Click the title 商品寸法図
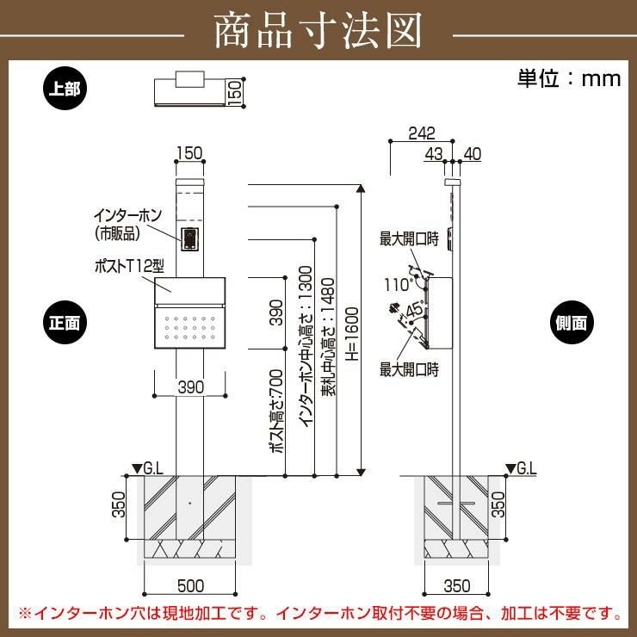[x=318, y=31]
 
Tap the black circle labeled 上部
[x=65, y=88]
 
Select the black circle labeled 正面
[x=65, y=322]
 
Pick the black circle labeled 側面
[x=572, y=322]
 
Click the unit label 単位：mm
[x=569, y=79]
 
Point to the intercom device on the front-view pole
[x=189, y=238]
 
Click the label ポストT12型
[x=129, y=267]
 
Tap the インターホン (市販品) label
[x=127, y=225]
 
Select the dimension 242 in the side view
[x=422, y=133]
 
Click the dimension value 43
[x=434, y=154]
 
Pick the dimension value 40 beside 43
[x=472, y=154]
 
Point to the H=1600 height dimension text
[x=352, y=334]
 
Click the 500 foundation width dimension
[x=190, y=586]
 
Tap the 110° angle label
[x=398, y=284]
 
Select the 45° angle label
[x=414, y=310]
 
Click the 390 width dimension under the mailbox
[x=191, y=387]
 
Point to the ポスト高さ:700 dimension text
[x=276, y=411]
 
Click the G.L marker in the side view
[x=522, y=468]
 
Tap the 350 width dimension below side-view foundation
[x=457, y=586]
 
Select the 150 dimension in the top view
[x=235, y=93]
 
